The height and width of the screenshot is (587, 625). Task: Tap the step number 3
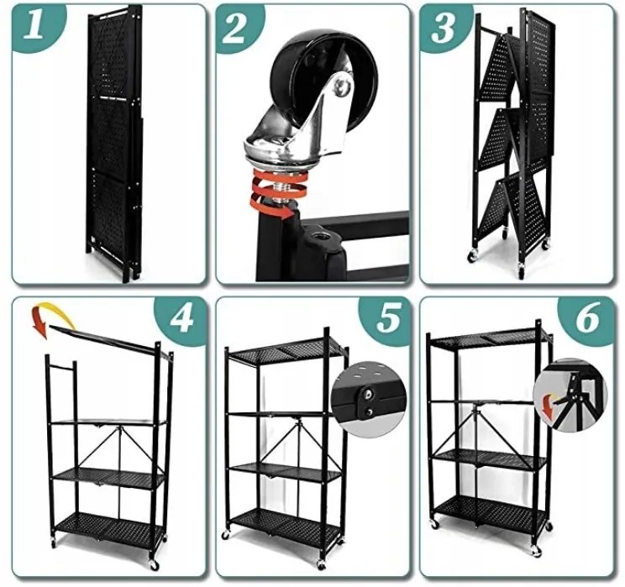coord(442,28)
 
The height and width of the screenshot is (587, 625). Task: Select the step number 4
coord(182,318)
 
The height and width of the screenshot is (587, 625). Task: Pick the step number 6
coord(587,318)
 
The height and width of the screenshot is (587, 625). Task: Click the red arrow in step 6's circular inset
coord(550,406)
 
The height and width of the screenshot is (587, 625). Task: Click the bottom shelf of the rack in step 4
coord(108,526)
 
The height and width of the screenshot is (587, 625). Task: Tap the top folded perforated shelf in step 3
coord(496,63)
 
